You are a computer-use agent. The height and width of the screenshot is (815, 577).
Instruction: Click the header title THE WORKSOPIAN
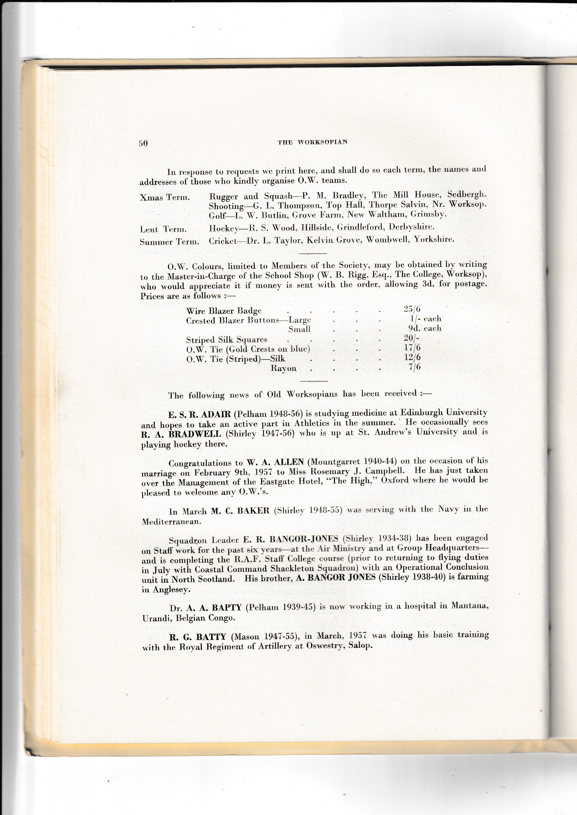(312, 142)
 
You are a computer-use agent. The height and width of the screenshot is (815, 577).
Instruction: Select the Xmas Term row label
(165, 197)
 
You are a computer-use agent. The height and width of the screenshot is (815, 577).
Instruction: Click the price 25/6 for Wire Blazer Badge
(412, 309)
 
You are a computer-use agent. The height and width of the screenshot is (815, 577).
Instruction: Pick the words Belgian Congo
(201, 618)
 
